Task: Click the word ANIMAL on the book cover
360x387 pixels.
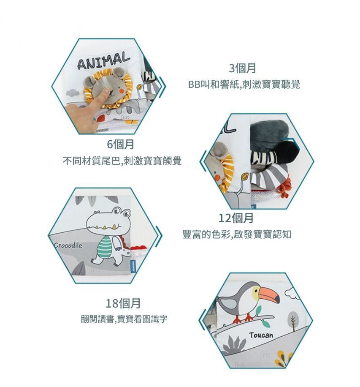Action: point(103,60)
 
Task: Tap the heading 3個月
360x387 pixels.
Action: point(242,68)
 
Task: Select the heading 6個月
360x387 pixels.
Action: point(120,144)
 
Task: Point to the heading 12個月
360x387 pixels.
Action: point(236,218)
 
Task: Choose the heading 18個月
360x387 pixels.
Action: point(123,303)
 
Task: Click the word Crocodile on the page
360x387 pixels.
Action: point(68,245)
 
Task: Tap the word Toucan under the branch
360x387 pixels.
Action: point(261,335)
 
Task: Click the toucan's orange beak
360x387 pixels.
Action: point(269,294)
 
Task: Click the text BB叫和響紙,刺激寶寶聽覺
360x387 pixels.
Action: point(244,84)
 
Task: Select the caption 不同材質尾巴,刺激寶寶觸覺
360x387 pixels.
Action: point(122,161)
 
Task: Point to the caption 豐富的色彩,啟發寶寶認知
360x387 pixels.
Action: point(237,234)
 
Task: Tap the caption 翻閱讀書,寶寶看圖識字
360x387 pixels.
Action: point(124,319)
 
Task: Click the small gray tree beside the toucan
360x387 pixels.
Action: point(293,321)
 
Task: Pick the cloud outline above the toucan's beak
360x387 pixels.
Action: point(293,293)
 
